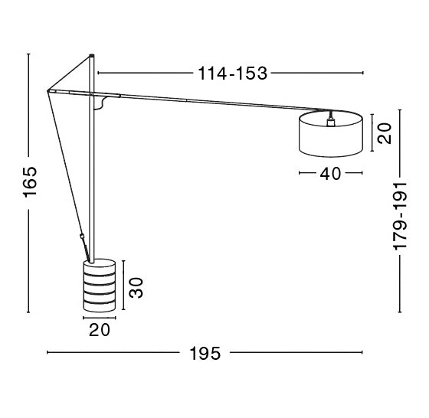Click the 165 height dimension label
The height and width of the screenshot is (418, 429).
pyautogui.click(x=30, y=181)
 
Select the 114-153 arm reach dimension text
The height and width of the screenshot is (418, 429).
pyautogui.click(x=232, y=73)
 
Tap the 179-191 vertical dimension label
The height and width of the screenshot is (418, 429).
pyautogui.click(x=400, y=216)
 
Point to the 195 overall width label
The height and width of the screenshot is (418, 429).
pyautogui.click(x=205, y=353)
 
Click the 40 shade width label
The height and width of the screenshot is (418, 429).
pyautogui.click(x=330, y=173)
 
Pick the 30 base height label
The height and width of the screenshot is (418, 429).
pyautogui.click(x=136, y=287)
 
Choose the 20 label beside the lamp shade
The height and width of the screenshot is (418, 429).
pyautogui.click(x=384, y=133)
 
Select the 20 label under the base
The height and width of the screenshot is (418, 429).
pyautogui.click(x=100, y=330)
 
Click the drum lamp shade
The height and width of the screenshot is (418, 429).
pyautogui.click(x=331, y=134)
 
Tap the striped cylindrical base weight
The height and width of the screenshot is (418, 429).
pyautogui.click(x=100, y=285)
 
